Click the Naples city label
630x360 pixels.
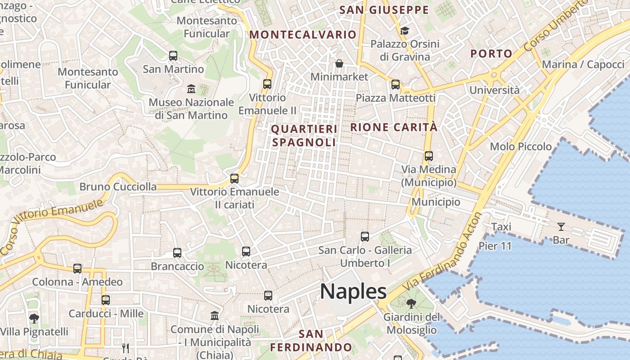[x=353, y=292]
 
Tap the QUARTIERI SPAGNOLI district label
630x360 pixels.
[x=304, y=135]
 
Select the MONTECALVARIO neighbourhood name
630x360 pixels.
[x=303, y=35]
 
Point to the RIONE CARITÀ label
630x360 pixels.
[x=394, y=127]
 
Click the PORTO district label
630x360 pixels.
[x=491, y=54]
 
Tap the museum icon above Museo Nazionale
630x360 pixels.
[x=191, y=88]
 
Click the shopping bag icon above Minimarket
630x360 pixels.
[x=339, y=63]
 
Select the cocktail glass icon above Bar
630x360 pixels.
[x=561, y=226]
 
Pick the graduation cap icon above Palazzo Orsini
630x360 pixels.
[x=405, y=31]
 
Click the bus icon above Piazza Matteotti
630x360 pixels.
[x=396, y=84]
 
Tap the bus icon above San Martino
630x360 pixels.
[x=173, y=56]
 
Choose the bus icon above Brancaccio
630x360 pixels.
[x=177, y=252]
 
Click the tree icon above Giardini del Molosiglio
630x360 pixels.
[x=411, y=304]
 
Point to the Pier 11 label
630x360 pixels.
[x=495, y=246]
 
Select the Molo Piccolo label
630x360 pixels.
[x=521, y=146]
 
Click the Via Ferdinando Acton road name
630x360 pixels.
[x=443, y=252]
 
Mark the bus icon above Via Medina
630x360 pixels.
[x=428, y=156]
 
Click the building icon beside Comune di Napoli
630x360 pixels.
[x=215, y=315]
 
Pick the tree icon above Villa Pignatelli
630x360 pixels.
[x=34, y=319]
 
